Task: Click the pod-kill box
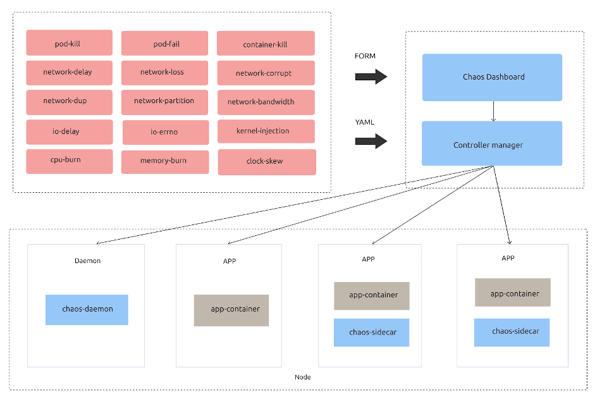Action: (x=69, y=43)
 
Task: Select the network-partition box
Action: (x=164, y=101)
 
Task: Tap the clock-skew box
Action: (x=266, y=162)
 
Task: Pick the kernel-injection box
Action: (x=266, y=131)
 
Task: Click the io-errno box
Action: (x=165, y=132)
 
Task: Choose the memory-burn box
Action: (x=164, y=161)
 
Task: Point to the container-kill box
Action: (x=266, y=44)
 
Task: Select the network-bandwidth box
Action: (x=266, y=102)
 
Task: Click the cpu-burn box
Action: (x=69, y=161)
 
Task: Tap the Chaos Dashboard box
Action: (x=492, y=77)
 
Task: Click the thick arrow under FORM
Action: (x=371, y=77)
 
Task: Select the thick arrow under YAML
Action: (x=371, y=141)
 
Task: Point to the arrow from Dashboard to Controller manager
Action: (x=493, y=111)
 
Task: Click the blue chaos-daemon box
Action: (x=87, y=310)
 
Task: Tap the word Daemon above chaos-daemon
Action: (x=87, y=261)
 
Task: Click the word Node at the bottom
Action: (x=303, y=378)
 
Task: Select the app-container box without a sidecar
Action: (x=231, y=310)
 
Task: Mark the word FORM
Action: (x=365, y=56)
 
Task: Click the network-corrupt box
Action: (x=266, y=73)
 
